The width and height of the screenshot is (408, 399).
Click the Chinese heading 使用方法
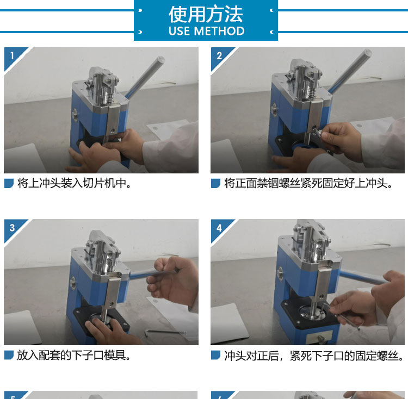pyautogui.click(x=206, y=14)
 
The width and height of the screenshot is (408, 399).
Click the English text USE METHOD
pyautogui.click(x=206, y=31)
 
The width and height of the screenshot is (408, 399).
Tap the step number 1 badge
pyautogui.click(x=12, y=55)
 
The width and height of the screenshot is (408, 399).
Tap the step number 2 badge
pyautogui.click(x=219, y=55)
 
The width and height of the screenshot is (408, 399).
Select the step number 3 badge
pyautogui.click(x=12, y=228)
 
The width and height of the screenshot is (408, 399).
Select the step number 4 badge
pyautogui.click(x=219, y=228)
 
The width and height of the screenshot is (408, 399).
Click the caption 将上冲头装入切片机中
pyautogui.click(x=75, y=183)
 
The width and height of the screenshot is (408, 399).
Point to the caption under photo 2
pyautogui.click(x=308, y=183)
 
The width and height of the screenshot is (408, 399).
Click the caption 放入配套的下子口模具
pyautogui.click(x=74, y=356)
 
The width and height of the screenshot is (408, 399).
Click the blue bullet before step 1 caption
pyautogui.click(x=9, y=183)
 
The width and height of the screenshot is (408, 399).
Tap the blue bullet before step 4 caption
pyautogui.click(x=216, y=356)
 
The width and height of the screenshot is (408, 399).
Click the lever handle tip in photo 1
pyautogui.click(x=160, y=60)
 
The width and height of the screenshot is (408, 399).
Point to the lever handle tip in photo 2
pyautogui.click(x=367, y=53)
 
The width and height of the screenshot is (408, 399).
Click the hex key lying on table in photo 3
pyautogui.click(x=165, y=333)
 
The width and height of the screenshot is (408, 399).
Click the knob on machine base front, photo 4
pyautogui.click(x=320, y=339)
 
